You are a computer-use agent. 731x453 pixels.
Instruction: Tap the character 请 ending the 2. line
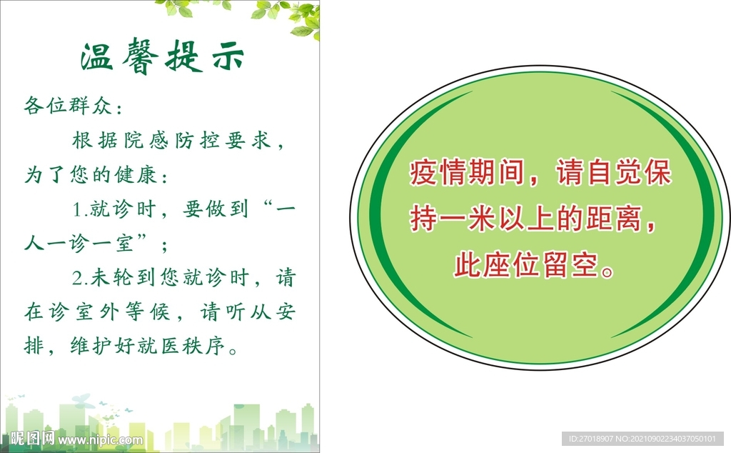pyautogui.click(x=286, y=277)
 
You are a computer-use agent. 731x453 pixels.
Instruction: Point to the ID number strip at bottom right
pyautogui.click(x=642, y=438)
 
